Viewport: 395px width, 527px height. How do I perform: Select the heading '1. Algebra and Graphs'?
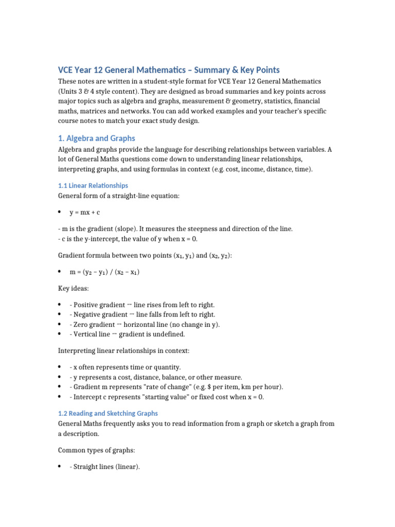click(96, 138)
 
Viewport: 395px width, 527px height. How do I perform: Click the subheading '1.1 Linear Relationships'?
click(93, 185)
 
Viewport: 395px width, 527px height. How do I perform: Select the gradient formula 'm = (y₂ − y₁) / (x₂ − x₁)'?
click(104, 272)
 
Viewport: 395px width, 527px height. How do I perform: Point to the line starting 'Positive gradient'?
click(142, 305)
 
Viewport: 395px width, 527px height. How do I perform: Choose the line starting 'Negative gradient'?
click(142, 314)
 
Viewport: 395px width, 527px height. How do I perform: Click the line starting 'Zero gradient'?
click(145, 324)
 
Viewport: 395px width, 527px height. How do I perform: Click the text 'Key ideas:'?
click(74, 289)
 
